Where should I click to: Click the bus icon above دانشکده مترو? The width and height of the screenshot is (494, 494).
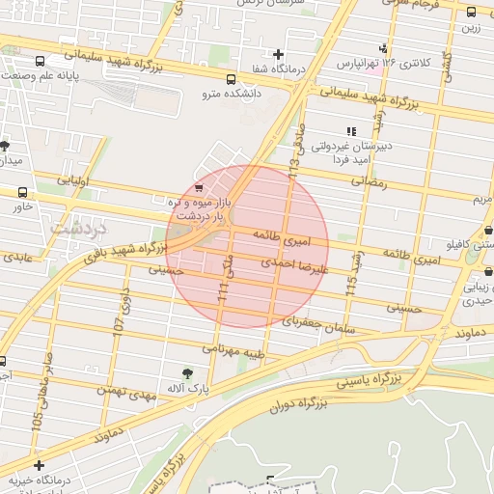230,80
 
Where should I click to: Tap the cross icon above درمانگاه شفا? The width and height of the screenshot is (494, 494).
279,54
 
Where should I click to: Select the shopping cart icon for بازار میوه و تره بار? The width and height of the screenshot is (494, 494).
199,187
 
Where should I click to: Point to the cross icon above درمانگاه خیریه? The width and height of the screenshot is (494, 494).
38,466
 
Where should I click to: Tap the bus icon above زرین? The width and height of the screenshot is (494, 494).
471,13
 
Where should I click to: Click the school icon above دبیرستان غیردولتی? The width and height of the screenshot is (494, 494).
350,131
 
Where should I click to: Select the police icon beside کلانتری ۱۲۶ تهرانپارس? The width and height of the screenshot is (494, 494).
384,47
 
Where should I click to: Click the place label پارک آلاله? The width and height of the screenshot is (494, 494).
188,388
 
